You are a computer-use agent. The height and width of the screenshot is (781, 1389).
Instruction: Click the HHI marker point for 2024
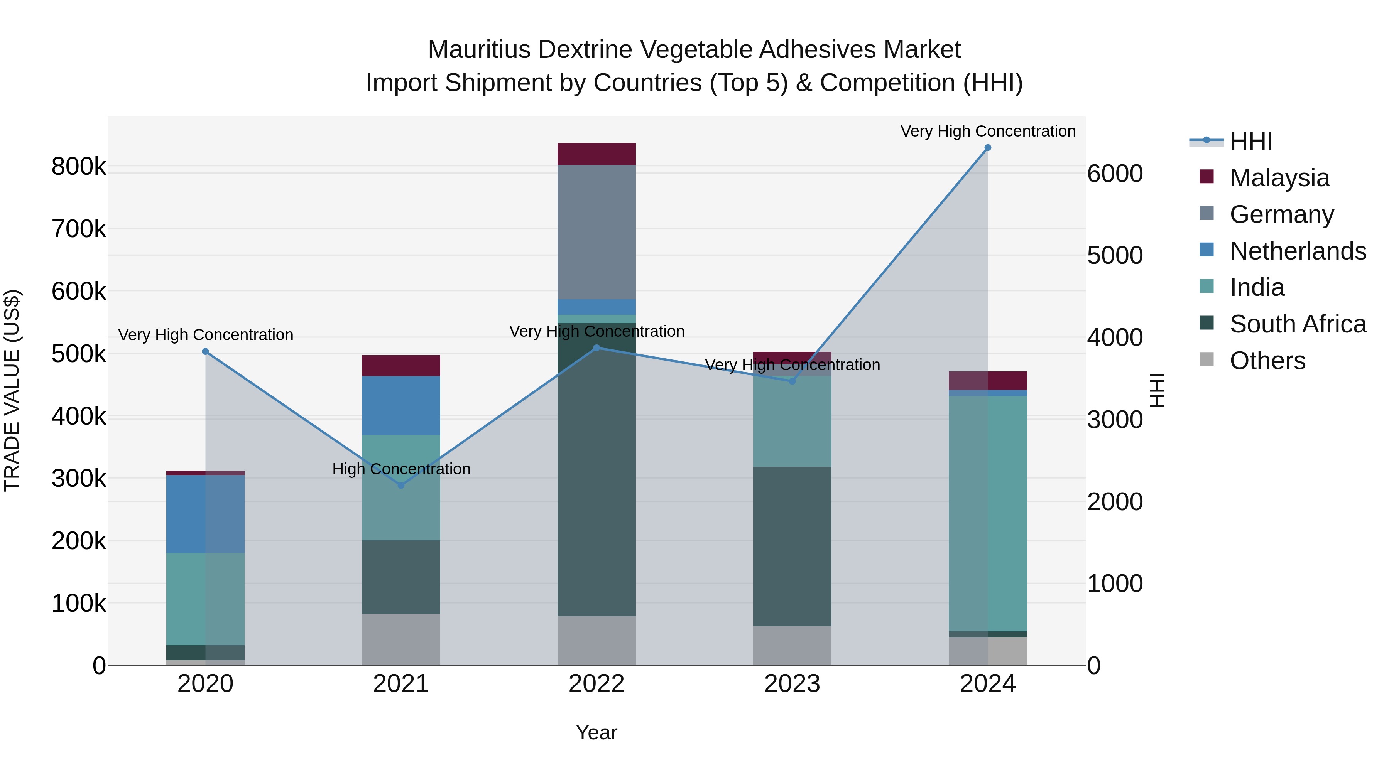(987, 148)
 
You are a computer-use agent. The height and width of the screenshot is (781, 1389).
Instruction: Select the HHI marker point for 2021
(400, 485)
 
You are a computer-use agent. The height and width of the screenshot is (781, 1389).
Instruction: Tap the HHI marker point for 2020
(205, 351)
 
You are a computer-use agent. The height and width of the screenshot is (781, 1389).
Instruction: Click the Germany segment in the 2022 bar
(596, 232)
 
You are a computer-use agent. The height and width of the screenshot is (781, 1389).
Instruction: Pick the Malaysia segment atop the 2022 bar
(596, 154)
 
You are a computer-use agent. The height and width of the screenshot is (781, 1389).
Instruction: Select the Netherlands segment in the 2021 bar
(400, 405)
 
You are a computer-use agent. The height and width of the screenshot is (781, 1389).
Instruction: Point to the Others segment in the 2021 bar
(400, 639)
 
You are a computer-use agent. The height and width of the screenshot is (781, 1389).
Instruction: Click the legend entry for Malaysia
(1279, 178)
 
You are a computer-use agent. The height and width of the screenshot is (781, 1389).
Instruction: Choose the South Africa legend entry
(1297, 324)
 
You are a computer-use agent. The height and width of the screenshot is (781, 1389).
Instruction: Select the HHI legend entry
(1250, 141)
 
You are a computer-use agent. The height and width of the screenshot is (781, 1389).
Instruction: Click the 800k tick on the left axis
(79, 167)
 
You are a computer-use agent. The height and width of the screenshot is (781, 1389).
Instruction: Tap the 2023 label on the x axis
(792, 684)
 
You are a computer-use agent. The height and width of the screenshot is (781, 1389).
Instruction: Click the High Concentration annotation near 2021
(401, 469)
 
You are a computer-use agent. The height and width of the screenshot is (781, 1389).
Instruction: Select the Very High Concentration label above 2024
(987, 131)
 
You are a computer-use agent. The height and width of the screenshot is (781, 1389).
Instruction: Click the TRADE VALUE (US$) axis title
(12, 390)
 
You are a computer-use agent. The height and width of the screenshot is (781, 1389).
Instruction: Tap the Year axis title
(596, 732)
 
